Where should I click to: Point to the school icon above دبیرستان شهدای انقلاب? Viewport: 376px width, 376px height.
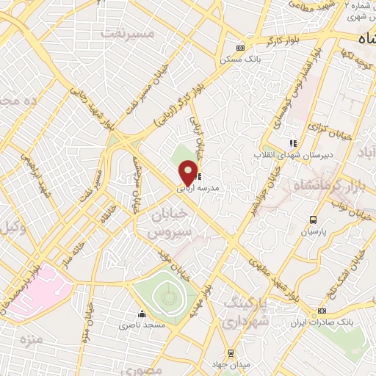coord(293,144)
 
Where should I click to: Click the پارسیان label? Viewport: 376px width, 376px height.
coord(314,231)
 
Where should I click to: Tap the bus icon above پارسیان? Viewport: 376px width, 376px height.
coord(314,220)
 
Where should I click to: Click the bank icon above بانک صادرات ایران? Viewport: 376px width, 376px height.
coord(322,311)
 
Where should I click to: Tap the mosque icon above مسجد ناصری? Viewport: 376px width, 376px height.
coord(141,314)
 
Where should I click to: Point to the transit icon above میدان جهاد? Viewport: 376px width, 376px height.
coord(231,353)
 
